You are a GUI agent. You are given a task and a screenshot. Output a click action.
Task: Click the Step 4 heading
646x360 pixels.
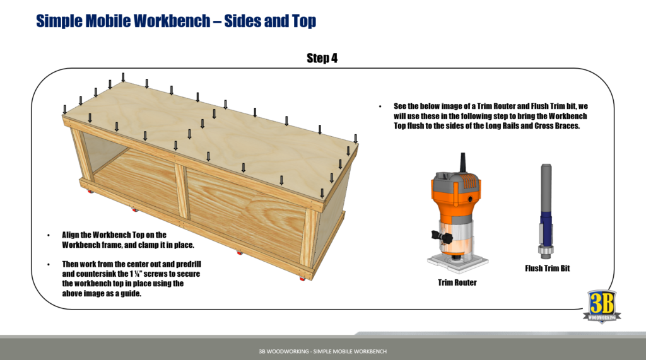point(322,59)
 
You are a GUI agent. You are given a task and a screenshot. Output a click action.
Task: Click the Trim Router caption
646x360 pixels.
point(457,282)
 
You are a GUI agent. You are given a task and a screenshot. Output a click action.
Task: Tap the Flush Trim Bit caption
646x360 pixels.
point(547,269)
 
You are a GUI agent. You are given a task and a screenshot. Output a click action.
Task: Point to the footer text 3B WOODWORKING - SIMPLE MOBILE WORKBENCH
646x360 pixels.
point(322,351)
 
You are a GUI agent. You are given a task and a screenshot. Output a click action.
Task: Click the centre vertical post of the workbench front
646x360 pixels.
point(181,191)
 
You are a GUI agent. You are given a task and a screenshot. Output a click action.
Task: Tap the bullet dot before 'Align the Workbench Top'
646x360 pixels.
point(49,235)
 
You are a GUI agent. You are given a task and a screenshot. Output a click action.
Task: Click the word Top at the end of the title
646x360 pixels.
point(303,21)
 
